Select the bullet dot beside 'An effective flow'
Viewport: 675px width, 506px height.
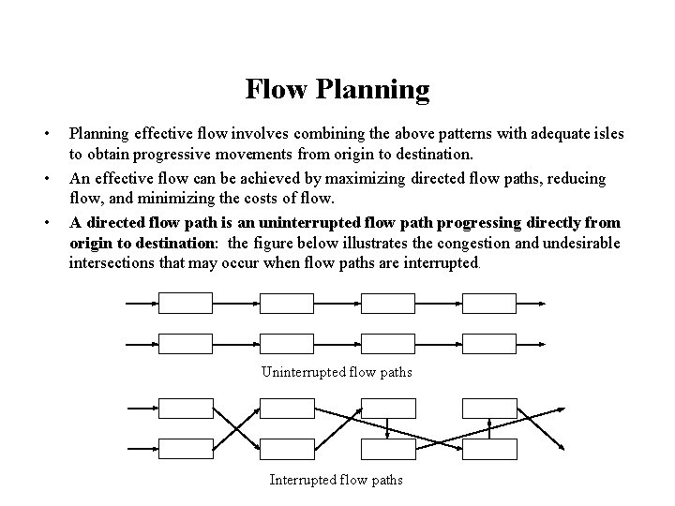tap(48, 177)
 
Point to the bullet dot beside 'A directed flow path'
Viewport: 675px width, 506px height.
tap(48, 222)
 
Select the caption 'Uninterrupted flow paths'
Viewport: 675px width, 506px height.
tap(337, 372)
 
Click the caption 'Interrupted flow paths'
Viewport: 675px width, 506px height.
tap(337, 480)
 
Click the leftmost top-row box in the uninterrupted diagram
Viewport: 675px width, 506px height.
tap(187, 304)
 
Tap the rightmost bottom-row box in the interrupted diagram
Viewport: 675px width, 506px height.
tap(490, 450)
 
